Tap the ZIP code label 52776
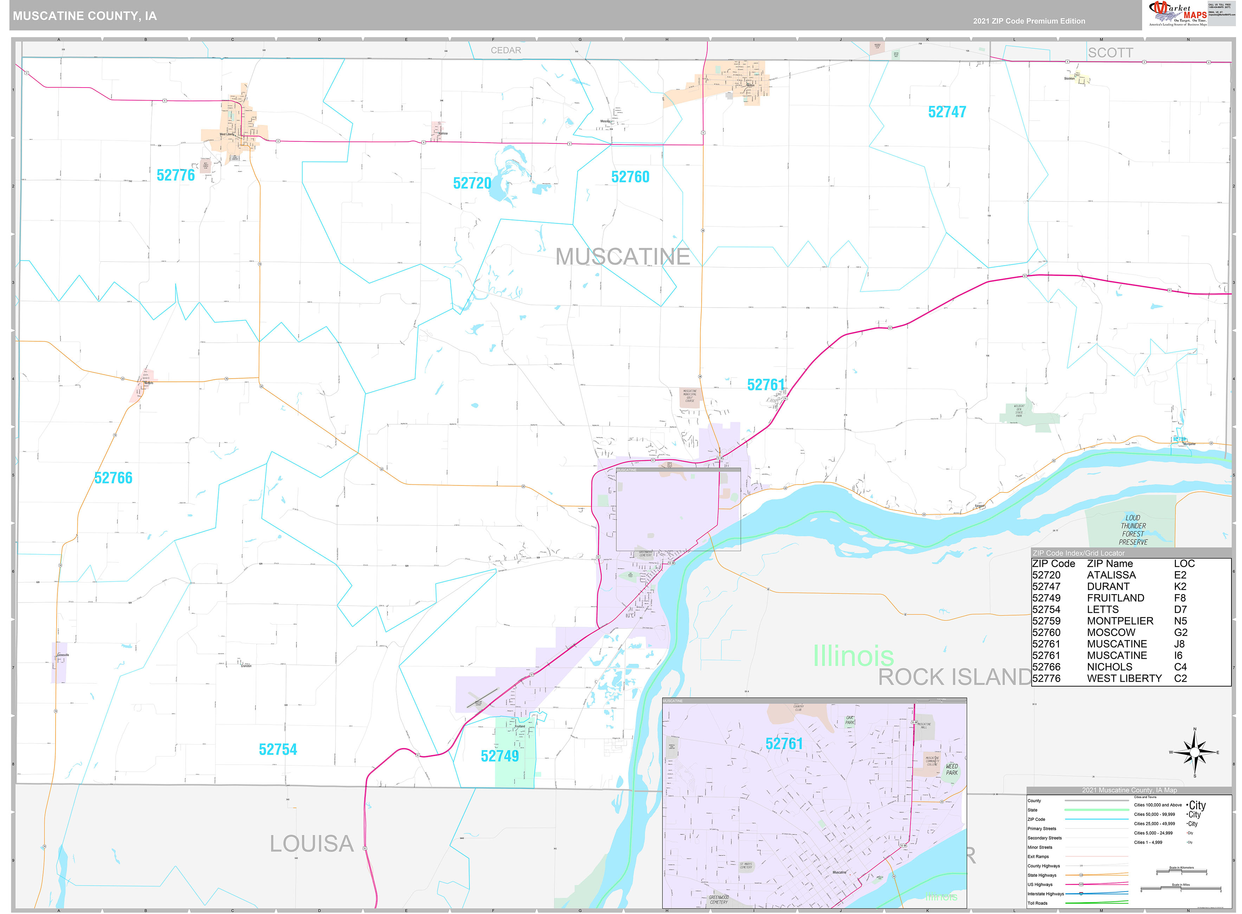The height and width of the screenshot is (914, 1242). tap(175, 175)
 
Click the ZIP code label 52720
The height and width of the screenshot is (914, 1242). tap(471, 183)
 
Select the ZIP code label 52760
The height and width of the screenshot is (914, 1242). tap(630, 177)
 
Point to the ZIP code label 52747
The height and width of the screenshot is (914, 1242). tap(947, 112)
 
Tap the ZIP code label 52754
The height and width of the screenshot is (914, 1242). tap(278, 750)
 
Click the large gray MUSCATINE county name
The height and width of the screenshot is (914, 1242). tap(622, 257)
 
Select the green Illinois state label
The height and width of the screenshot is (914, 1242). tap(852, 656)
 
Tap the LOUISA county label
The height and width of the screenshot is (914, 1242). tap(311, 844)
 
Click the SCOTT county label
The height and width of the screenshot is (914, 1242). tap(1110, 53)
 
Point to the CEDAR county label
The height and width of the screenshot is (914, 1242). tap(505, 50)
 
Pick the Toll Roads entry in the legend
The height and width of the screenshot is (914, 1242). tap(1037, 903)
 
